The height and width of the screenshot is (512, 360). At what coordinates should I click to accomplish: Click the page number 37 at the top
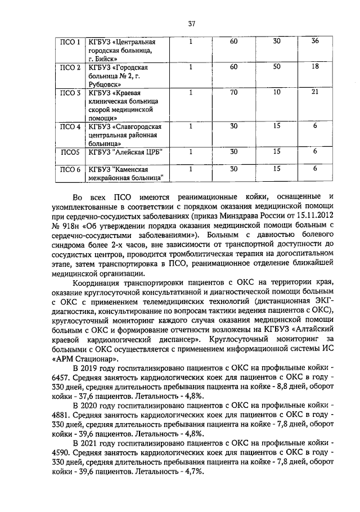(191, 24)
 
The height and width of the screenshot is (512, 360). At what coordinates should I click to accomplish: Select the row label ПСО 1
(70, 42)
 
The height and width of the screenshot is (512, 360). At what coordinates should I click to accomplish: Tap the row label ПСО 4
(70, 127)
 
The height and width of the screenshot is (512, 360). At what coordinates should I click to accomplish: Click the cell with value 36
(315, 42)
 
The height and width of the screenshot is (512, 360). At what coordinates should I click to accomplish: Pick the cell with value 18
(315, 67)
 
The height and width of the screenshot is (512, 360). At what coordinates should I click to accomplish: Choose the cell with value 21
(315, 92)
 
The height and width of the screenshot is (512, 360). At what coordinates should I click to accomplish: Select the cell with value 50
(276, 67)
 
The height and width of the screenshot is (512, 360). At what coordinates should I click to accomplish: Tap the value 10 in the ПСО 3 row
(276, 92)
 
